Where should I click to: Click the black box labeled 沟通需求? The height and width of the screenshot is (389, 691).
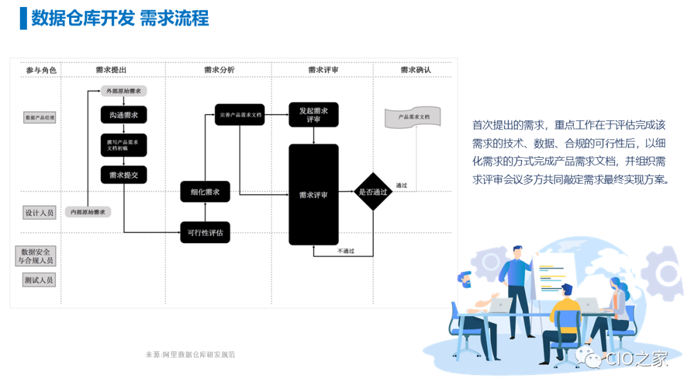123,115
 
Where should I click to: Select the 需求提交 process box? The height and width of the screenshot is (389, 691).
123,175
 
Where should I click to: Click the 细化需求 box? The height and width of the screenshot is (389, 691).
205,192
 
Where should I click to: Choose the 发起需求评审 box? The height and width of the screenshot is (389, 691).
314,115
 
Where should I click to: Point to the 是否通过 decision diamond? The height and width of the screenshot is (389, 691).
373,191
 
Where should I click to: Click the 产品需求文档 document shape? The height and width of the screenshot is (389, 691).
413,118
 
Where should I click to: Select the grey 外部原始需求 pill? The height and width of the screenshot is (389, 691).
123,91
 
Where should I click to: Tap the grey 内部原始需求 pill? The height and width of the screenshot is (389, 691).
88,212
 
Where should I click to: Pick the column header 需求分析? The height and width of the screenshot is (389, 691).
219,70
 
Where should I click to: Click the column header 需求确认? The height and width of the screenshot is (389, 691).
415,70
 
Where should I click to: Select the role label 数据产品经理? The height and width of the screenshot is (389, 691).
40,118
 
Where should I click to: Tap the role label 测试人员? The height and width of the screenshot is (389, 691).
39,280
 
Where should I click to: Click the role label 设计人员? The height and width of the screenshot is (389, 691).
39,212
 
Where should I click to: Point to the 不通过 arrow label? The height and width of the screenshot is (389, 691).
345,251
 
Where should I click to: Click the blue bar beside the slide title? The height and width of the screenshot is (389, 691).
24,18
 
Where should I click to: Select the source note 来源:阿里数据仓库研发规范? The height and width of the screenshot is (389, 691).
190,354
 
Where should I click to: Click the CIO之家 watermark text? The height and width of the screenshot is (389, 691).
637,359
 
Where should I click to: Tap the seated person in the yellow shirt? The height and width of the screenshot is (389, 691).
562,317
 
